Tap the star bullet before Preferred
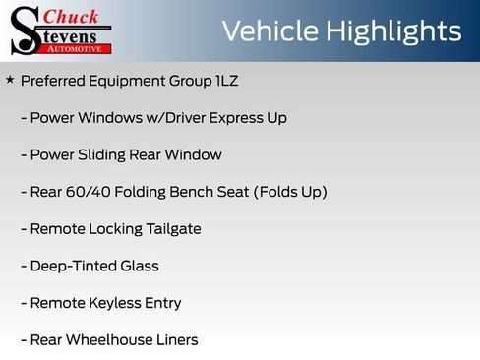(x=10, y=80)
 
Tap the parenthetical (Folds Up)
(x=290, y=192)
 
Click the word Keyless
(x=117, y=303)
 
